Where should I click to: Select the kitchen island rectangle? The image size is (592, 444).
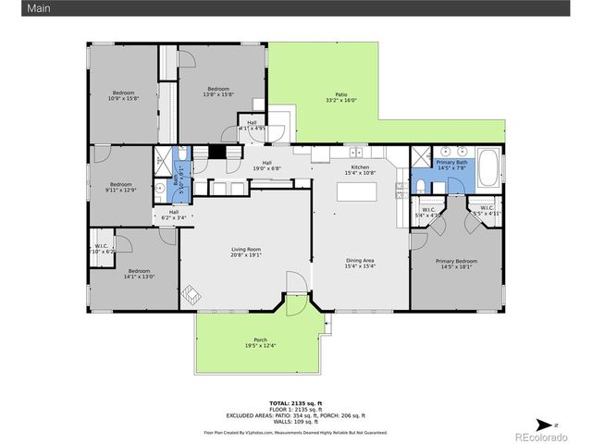tap(357, 191)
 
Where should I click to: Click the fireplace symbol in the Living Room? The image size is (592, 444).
tap(192, 294)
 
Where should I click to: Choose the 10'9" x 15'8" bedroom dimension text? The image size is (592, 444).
tap(124, 99)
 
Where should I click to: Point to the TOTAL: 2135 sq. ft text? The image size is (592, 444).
tap(295, 403)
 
